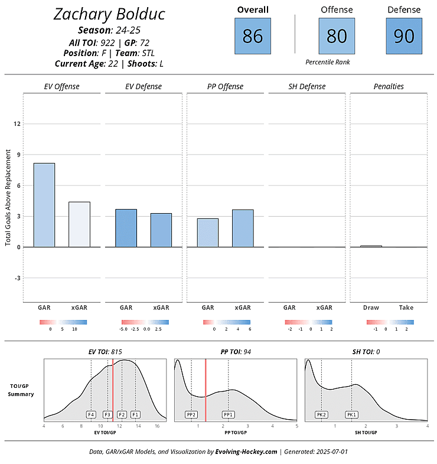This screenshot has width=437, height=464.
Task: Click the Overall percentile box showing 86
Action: coord(253,36)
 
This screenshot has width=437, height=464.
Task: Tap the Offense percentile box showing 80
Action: coord(337,36)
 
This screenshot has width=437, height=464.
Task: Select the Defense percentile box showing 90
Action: coord(404,36)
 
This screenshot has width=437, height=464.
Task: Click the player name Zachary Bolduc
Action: coord(109,14)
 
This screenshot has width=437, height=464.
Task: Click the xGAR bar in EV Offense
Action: coord(79,224)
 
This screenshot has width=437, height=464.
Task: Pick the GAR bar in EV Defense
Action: coord(126,228)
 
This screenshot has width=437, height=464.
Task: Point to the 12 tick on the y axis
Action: coord(17,124)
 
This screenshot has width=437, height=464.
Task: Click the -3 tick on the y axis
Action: coord(17,277)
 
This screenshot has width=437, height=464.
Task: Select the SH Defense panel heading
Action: coord(306,87)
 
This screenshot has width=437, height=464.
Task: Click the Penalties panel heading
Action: coord(389,87)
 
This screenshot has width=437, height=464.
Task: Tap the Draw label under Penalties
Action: coord(371,308)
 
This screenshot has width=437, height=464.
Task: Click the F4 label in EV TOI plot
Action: coord(91,414)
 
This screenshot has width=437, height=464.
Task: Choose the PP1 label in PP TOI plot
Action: coord(229,414)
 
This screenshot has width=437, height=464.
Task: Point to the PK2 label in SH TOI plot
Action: coord(321,414)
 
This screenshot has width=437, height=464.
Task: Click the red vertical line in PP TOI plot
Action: coord(206,390)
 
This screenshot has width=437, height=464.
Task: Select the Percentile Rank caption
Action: coord(328,61)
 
